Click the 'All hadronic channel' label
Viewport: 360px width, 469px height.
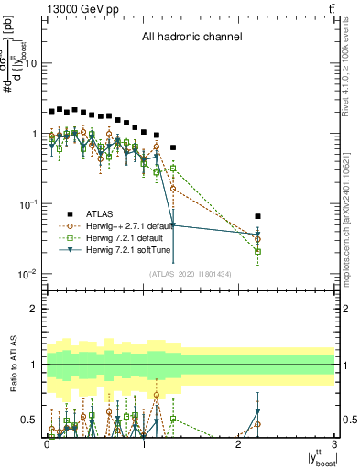(x=191, y=38)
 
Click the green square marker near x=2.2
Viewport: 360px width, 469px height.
(x=258, y=251)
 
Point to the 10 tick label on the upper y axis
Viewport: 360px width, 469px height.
(x=31, y=63)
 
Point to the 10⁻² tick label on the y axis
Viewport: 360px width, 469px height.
(x=29, y=274)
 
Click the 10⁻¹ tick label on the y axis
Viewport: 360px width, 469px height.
(x=29, y=203)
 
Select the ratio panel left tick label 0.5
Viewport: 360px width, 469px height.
(x=33, y=420)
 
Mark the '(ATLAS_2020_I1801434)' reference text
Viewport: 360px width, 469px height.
(x=190, y=274)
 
